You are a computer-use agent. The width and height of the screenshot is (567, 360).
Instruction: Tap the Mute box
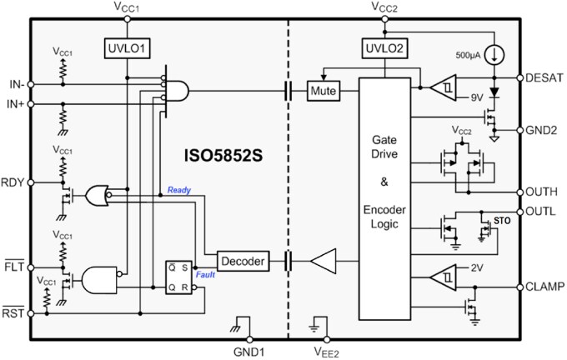(322, 90)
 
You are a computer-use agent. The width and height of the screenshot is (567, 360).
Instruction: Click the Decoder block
(243, 262)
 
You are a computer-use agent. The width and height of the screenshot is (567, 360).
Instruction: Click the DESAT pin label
(545, 77)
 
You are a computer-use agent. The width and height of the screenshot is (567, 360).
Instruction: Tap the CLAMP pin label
(545, 287)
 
